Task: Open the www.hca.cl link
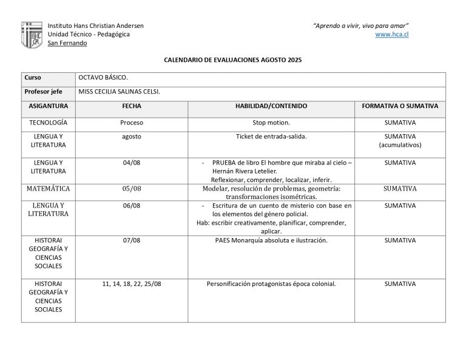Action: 392,35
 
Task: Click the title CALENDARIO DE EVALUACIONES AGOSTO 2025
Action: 233,61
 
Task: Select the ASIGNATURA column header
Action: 49,106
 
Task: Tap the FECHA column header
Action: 132,106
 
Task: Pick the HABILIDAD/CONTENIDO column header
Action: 271,106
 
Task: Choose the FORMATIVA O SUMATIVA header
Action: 400,106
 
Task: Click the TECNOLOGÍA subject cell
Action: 49,122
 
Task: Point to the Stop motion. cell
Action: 271,122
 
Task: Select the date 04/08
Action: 132,163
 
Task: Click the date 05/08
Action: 132,189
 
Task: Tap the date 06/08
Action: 132,206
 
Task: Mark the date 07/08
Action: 132,240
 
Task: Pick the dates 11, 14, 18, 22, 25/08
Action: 132,284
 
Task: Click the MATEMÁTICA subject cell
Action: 49,189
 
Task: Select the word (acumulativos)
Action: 400,145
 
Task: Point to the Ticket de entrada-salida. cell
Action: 271,137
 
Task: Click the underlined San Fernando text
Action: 67,43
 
